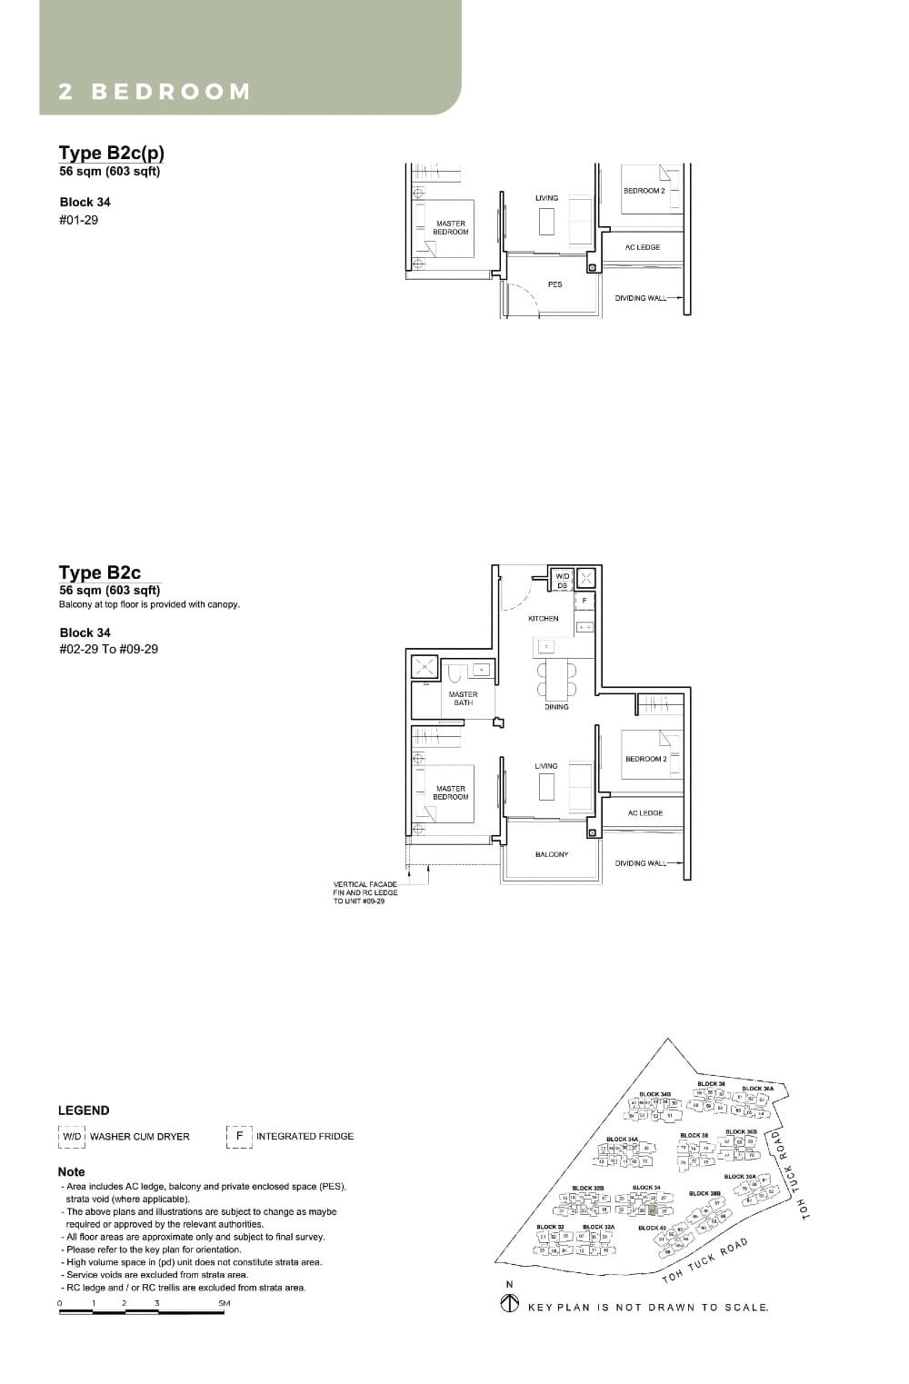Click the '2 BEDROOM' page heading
[155, 92]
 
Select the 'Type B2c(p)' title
[112, 153]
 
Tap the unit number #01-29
[79, 220]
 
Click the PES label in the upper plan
[554, 284]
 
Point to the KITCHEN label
[544, 619]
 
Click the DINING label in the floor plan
[556, 706]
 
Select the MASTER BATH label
[463, 699]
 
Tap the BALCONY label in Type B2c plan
[552, 854]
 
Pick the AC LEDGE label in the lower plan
[644, 813]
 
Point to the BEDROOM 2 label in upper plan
[644, 191]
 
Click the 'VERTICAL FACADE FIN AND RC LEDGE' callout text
[365, 892]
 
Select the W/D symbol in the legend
[72, 1136]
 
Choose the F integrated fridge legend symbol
[239, 1136]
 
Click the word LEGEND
[84, 1110]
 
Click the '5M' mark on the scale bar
[224, 1303]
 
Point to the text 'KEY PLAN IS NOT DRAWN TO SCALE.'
[648, 1308]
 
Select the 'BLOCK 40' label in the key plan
[652, 1228]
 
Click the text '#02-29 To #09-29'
[109, 649]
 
